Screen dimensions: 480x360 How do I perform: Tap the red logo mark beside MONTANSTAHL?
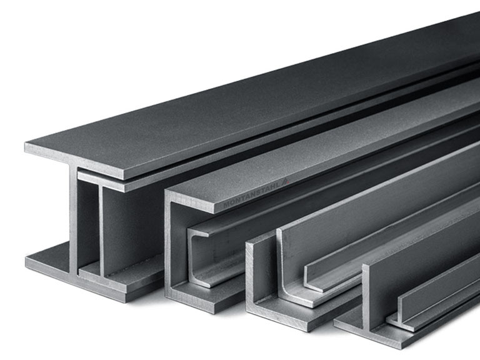pos(286,181)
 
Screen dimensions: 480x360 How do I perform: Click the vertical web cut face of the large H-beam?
pos(73,219)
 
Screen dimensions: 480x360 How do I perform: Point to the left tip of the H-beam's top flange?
pos(25,143)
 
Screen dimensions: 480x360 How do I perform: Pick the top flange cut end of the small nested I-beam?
pos(101,181)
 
